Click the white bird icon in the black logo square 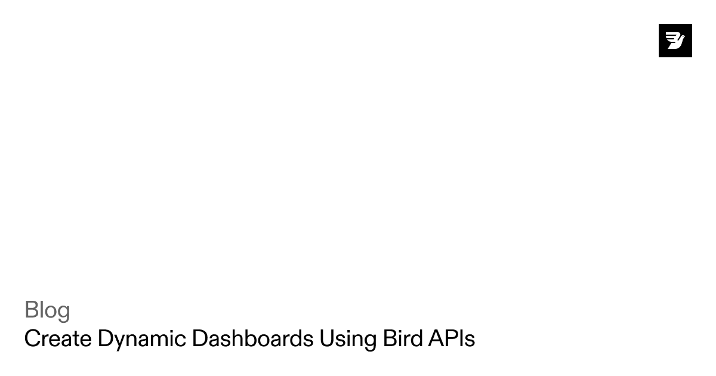[675, 41]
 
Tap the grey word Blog [47, 310]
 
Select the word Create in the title [58, 339]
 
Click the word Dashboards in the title [252, 339]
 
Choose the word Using [347, 339]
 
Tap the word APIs [452, 339]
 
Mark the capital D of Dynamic [105, 339]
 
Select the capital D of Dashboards [199, 339]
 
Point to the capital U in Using [326, 339]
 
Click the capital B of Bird [389, 339]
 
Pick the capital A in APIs [436, 339]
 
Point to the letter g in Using [369, 341]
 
